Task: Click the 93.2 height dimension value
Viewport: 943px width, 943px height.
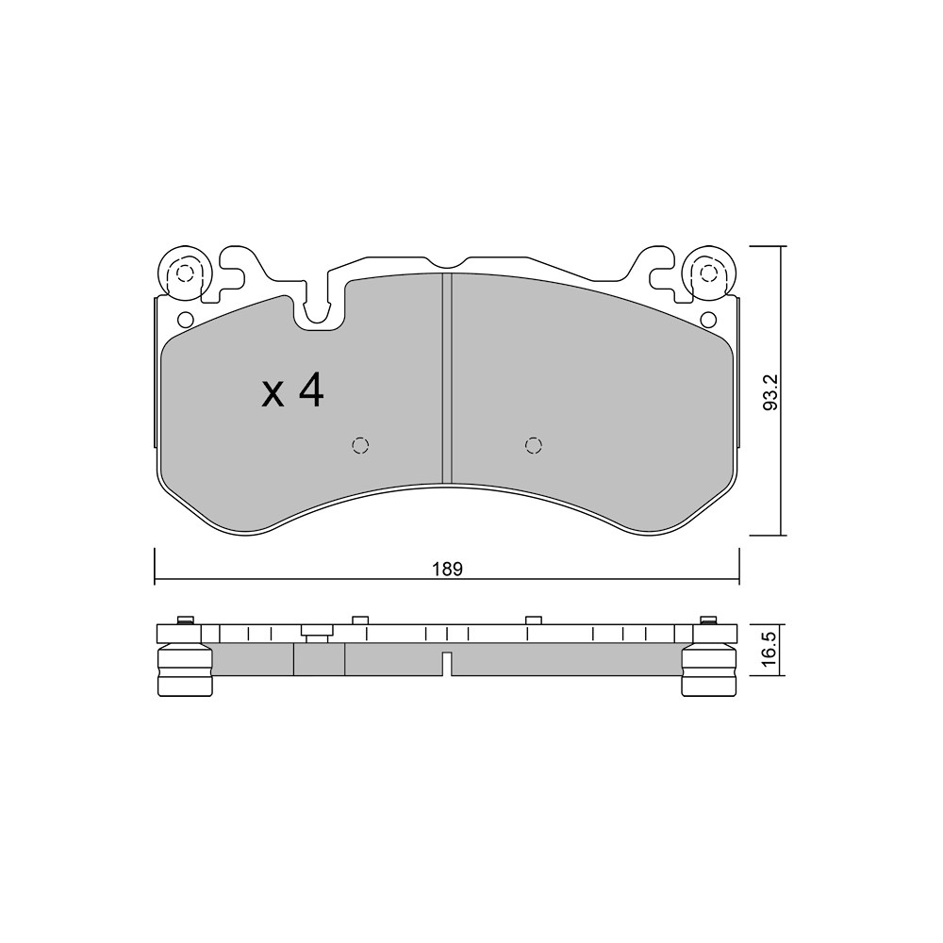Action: [x=770, y=392]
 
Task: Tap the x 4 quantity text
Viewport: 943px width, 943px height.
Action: [x=293, y=391]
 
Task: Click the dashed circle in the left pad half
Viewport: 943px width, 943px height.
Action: [x=360, y=445]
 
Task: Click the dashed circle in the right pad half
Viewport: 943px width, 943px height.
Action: [x=534, y=445]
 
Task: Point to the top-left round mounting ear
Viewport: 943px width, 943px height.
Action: [x=184, y=273]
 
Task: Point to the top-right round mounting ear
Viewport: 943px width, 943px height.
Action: [x=709, y=273]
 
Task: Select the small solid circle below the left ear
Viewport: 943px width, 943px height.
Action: [x=185, y=318]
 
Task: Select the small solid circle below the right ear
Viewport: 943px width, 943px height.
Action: [x=708, y=318]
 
